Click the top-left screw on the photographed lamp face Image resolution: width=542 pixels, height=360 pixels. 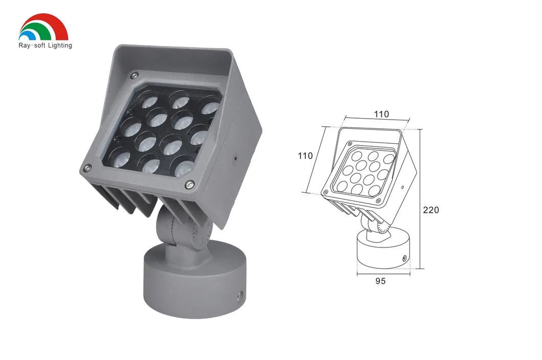(133, 75)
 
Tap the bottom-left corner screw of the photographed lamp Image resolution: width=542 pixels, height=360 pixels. (87, 167)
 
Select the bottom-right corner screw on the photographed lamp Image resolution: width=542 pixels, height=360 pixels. (190, 184)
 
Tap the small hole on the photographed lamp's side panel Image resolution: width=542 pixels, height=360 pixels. (235, 158)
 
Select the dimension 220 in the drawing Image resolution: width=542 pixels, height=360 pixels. (431, 210)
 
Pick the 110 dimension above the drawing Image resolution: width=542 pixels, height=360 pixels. (381, 114)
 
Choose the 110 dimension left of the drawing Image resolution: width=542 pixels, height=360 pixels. (305, 155)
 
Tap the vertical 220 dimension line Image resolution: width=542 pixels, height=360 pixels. (421, 199)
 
